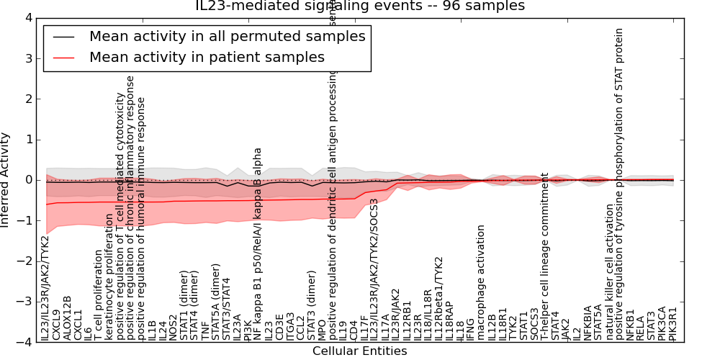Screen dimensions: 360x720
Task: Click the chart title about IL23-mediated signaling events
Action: [360, 6]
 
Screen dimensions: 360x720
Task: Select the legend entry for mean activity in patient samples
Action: [207, 57]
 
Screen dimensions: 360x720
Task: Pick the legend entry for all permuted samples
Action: [227, 36]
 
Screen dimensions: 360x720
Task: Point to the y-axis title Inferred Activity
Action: [6, 179]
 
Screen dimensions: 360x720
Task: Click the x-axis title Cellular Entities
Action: [359, 351]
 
